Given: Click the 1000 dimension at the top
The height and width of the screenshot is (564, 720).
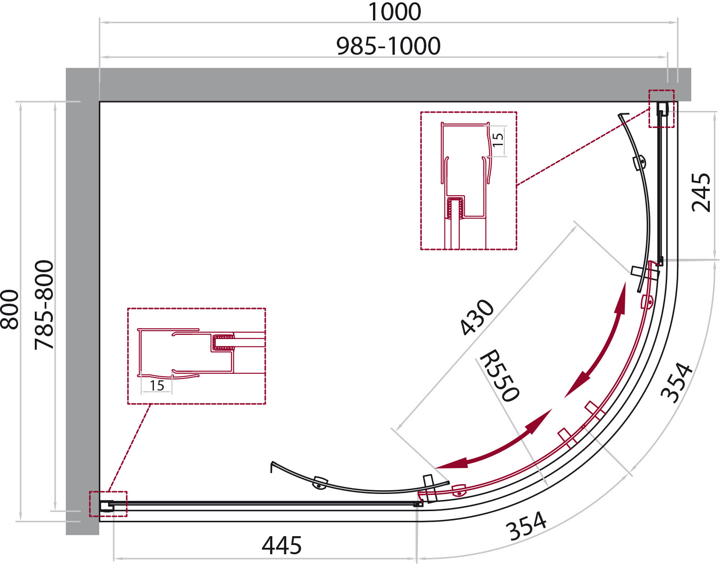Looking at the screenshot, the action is point(394,12).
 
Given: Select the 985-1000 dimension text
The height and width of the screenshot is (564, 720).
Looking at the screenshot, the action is point(388,46).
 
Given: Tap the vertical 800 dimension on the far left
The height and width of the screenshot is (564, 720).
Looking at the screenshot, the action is point(9,309).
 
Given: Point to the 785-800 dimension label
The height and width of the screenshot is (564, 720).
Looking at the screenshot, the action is point(44,305).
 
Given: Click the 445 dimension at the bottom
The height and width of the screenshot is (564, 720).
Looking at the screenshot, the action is point(282,545).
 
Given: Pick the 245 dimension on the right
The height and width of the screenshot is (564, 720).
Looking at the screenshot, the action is point(701,192).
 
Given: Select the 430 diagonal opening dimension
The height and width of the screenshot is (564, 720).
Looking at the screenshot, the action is point(477,317).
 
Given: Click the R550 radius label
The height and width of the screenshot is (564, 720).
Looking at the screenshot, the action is point(499,376).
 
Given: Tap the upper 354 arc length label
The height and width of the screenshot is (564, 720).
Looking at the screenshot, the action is point(676,383).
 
